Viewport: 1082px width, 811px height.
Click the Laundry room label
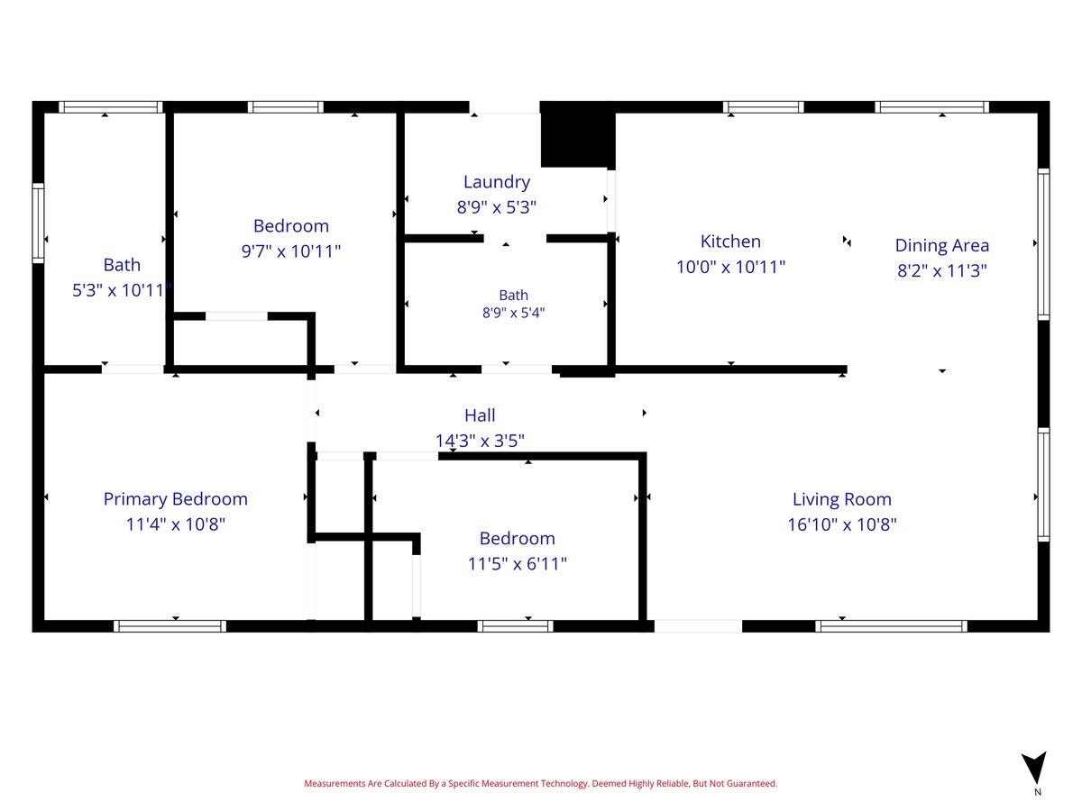[497, 182]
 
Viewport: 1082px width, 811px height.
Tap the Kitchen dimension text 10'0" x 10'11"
[730, 267]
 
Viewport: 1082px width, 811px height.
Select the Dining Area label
[941, 245]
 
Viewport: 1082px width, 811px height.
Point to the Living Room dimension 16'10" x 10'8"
[841, 524]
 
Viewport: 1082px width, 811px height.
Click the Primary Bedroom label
[176, 499]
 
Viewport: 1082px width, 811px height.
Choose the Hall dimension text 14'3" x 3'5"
[480, 441]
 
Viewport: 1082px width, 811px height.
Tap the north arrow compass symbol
[1034, 768]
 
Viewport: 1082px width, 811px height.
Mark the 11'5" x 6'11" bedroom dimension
[517, 563]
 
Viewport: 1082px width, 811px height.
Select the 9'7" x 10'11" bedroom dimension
[291, 251]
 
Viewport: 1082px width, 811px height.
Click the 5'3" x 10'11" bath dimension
[121, 290]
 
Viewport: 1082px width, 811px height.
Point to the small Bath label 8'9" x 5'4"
[513, 304]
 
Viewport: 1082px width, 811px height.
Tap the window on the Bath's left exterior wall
[38, 223]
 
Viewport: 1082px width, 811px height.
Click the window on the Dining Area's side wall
[1043, 244]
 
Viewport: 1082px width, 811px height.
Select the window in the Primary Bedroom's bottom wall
[170, 626]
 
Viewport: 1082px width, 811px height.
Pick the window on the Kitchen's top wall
[763, 107]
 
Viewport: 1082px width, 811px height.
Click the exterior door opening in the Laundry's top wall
[504, 107]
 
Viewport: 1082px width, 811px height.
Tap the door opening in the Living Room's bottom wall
[698, 626]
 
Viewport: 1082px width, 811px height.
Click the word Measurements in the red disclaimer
[335, 783]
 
